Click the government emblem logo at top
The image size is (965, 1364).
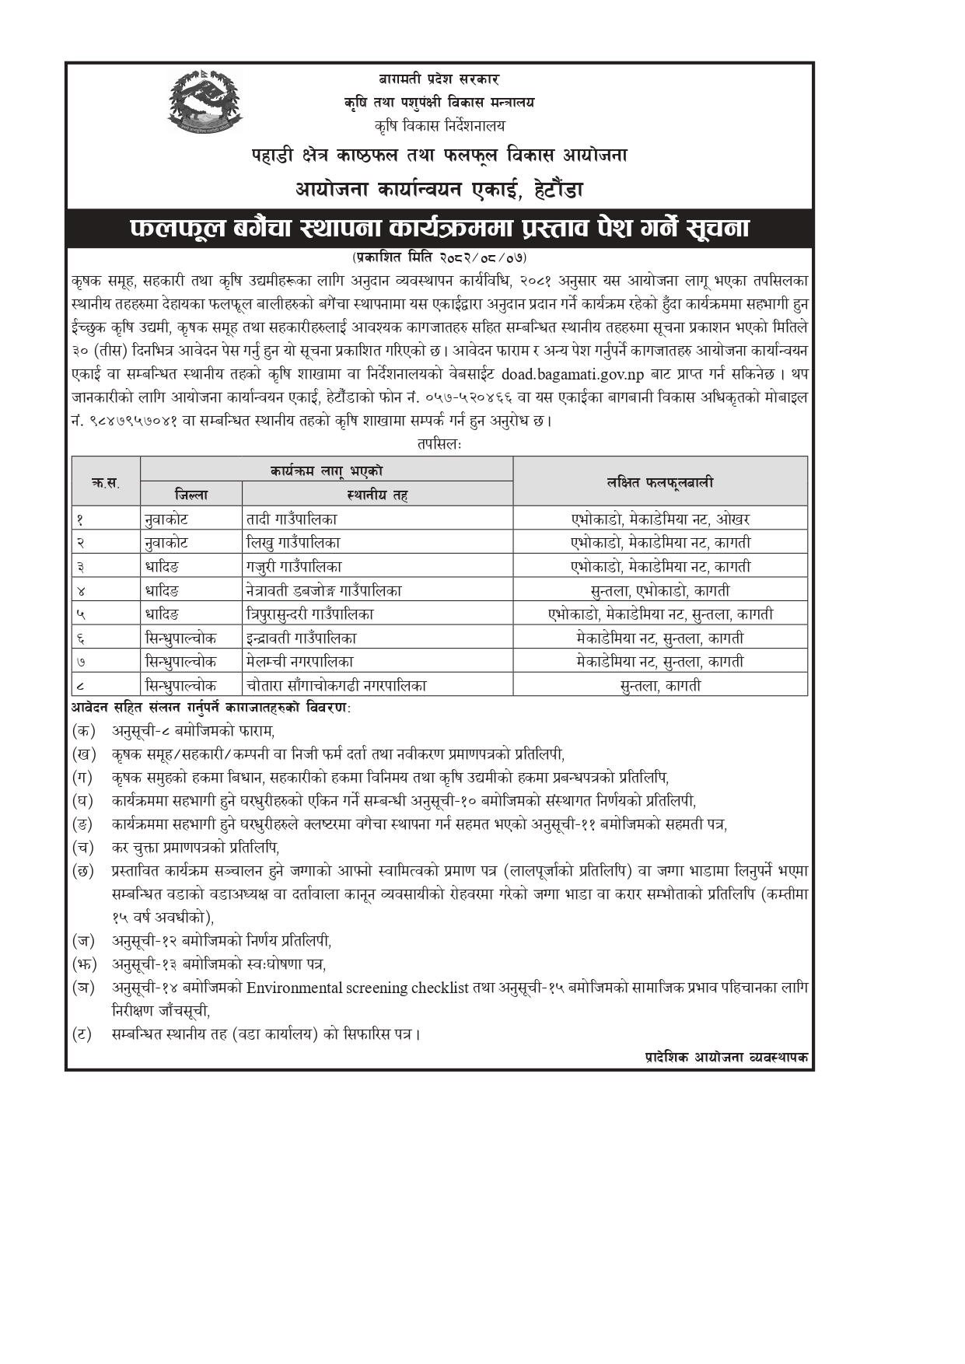(x=205, y=101)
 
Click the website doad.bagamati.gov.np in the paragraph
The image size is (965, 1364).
(x=573, y=373)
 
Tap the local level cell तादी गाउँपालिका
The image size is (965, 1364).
(x=292, y=519)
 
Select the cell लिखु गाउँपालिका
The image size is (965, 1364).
(x=292, y=543)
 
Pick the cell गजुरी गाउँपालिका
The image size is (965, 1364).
(x=293, y=567)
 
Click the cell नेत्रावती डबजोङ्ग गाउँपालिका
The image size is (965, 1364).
(x=323, y=590)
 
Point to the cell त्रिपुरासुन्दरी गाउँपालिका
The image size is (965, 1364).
(x=309, y=614)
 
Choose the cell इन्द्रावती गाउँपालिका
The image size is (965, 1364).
(x=301, y=638)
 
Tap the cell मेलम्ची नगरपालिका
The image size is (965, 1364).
(x=299, y=662)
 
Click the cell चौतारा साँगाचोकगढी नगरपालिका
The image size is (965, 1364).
(x=336, y=686)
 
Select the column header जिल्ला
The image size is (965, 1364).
(x=191, y=495)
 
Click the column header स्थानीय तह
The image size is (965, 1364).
(x=377, y=495)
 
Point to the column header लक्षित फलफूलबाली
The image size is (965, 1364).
(x=659, y=482)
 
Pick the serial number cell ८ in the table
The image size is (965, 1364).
(x=81, y=686)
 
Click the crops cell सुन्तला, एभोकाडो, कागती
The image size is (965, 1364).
(x=659, y=590)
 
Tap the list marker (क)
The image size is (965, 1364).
(x=83, y=731)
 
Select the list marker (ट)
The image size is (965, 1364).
(x=82, y=1034)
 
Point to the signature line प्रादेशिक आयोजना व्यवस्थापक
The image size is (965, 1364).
(x=726, y=1058)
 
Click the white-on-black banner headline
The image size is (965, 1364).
(x=439, y=229)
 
